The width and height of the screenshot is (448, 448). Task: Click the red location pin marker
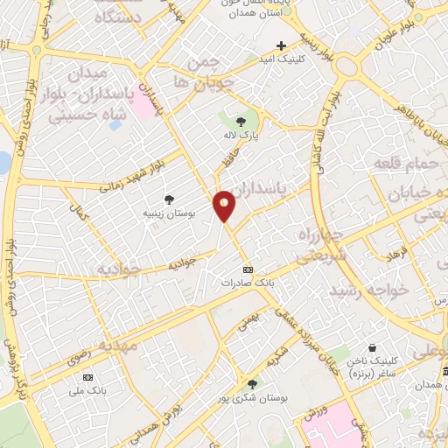[x=224, y=205]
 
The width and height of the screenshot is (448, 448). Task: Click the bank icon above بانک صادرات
[x=248, y=269]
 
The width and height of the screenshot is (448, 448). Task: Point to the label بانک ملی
[x=87, y=389]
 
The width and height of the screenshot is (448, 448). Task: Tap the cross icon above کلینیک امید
[x=281, y=45]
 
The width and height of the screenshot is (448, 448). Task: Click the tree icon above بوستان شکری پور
[x=252, y=384]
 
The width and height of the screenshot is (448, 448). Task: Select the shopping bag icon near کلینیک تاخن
[x=373, y=346]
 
